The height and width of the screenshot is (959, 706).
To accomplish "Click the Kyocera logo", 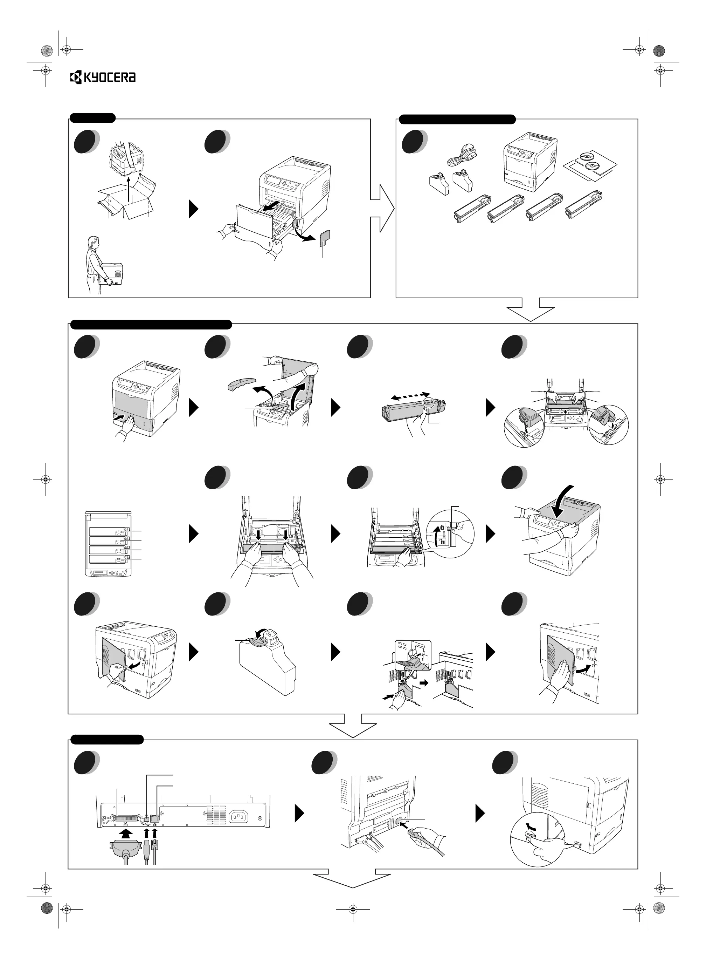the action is [x=103, y=77].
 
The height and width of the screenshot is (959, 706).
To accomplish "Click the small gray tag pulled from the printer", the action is [x=324, y=237].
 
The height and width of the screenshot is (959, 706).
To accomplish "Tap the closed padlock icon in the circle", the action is [x=442, y=528].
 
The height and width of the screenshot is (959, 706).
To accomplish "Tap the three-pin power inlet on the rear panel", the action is [x=239, y=817].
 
